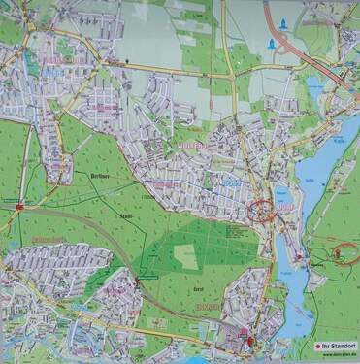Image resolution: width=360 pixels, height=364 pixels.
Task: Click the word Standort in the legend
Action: tap(341, 345)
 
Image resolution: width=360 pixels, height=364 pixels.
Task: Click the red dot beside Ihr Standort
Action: tap(316, 345)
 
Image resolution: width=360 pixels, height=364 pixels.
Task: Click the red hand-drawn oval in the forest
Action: tap(344, 252)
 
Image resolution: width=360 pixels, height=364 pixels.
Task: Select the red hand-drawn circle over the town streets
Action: tap(263, 211)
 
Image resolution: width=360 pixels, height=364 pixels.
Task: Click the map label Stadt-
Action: tap(127, 215)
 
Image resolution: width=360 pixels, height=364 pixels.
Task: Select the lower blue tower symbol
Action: tap(269, 45)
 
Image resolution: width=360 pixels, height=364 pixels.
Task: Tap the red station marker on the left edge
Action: tap(19, 206)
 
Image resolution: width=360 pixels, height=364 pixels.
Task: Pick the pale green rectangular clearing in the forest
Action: tap(185, 256)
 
